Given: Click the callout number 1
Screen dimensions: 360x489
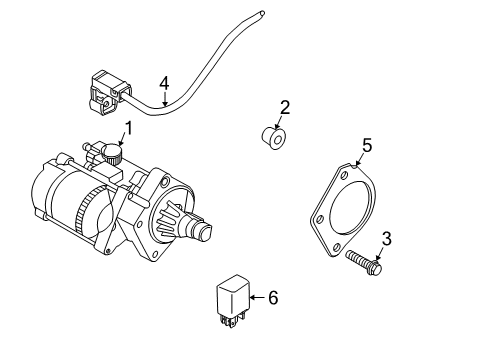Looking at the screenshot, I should click(x=127, y=129).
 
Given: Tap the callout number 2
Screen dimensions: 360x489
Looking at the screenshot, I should click(x=285, y=107).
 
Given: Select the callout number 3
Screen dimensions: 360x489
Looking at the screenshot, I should click(x=386, y=239).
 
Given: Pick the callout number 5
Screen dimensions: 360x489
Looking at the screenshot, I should click(x=367, y=146).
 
